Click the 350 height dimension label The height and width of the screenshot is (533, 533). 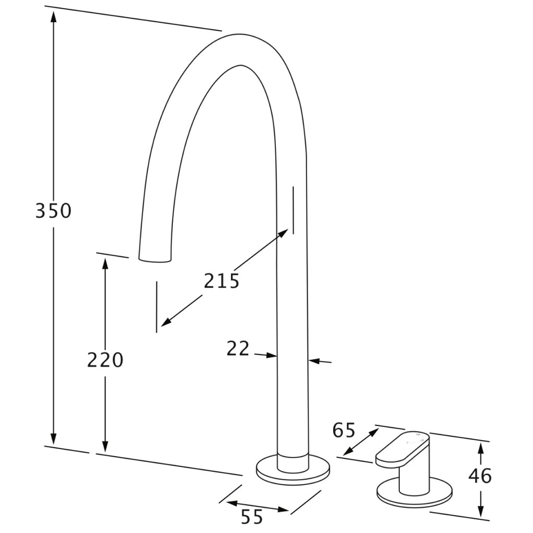54,210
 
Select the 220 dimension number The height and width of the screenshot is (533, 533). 105,360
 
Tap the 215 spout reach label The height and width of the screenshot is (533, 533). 222,281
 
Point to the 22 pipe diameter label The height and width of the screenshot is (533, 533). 238,348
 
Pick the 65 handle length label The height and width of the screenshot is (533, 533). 344,430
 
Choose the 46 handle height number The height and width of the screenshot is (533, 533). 480,476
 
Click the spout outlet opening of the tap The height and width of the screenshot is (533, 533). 155,260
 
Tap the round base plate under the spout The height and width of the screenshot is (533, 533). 293,471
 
